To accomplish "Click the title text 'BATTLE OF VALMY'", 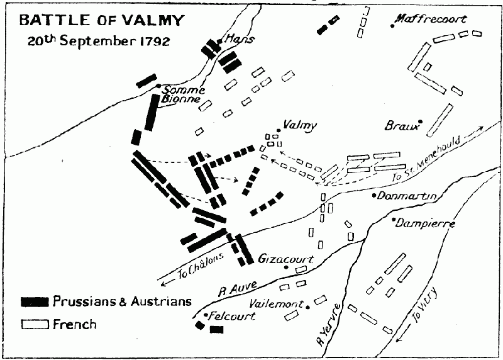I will click(102, 20).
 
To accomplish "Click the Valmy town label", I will click(300, 125).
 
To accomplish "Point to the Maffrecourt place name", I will click(433, 19).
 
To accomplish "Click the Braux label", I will click(402, 126).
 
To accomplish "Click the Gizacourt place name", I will click(286, 259).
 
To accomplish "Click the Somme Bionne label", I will click(183, 94).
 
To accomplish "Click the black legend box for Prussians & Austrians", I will click(35, 301).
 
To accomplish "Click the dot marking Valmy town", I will click(279, 131).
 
